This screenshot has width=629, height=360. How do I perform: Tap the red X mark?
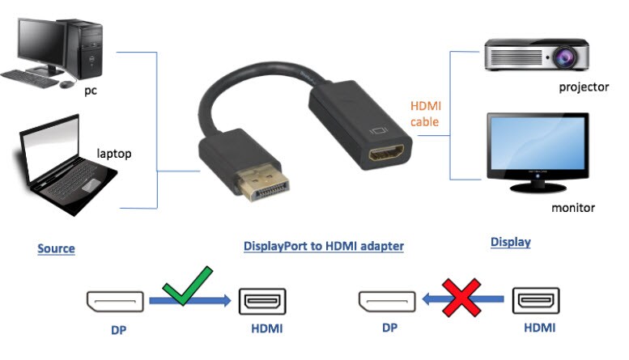[x=461, y=298]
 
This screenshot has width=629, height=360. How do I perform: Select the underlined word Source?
[x=56, y=248]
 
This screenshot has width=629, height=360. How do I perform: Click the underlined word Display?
[x=511, y=242]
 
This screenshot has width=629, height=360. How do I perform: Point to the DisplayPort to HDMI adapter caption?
[x=324, y=246]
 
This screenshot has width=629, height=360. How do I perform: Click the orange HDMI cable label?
[x=425, y=114]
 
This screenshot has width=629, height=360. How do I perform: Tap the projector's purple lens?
[x=566, y=57]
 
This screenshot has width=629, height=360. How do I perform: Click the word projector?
[x=584, y=87]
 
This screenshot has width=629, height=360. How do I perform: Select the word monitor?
[x=573, y=208]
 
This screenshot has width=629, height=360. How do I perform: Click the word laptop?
[x=114, y=154]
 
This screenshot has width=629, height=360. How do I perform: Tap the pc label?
[x=91, y=91]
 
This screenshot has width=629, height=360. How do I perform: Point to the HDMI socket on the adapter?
[x=387, y=154]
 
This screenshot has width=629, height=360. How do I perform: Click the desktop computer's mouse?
[x=67, y=84]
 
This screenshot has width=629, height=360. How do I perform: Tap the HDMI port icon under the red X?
[x=536, y=300]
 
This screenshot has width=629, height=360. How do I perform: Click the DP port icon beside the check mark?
[x=115, y=302]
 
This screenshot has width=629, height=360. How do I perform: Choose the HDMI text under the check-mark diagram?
[x=267, y=328]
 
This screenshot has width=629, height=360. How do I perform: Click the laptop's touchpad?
[x=91, y=185]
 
